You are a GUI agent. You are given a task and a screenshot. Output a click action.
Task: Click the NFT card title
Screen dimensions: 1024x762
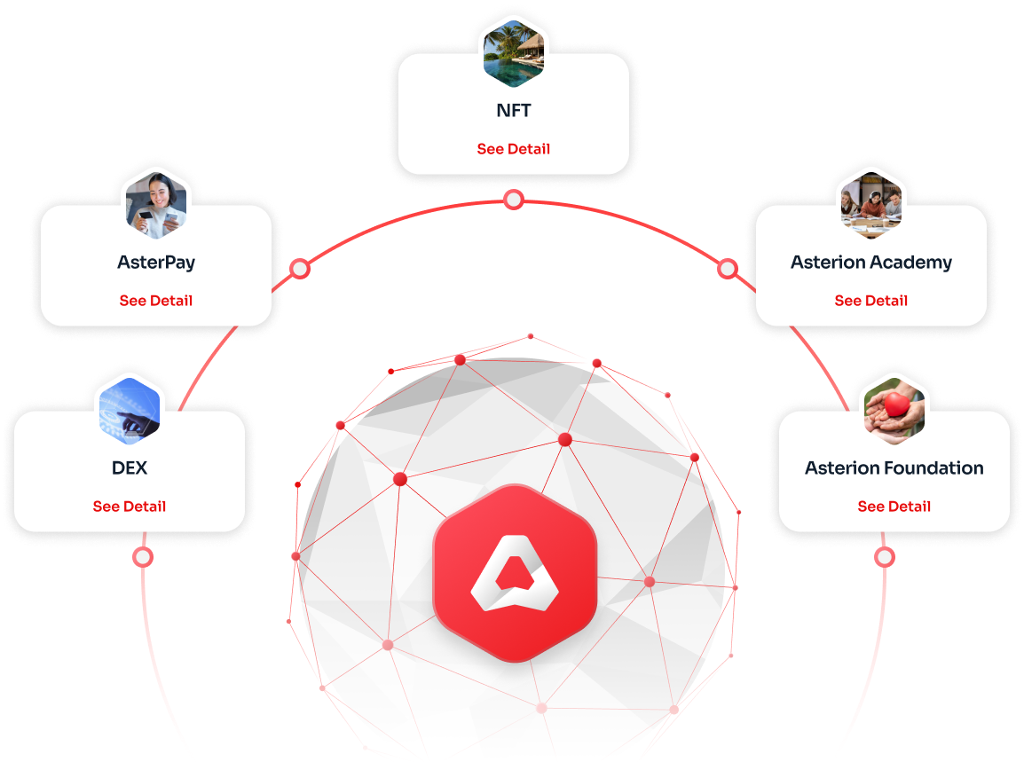click(x=513, y=110)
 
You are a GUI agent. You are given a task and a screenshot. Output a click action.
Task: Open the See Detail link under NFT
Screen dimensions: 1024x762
click(x=513, y=149)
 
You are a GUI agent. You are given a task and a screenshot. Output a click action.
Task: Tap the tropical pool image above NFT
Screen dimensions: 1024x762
click(x=513, y=53)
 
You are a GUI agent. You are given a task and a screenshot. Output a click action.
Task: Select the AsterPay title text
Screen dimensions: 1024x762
click(x=156, y=263)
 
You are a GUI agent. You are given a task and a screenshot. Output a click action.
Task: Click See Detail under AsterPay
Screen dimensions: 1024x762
click(x=156, y=301)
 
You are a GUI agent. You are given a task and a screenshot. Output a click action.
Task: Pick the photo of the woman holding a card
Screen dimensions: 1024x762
click(x=156, y=205)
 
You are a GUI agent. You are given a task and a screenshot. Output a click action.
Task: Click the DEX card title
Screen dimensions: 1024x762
click(x=130, y=468)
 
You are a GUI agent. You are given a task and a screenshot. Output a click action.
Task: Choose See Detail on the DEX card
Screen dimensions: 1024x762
click(x=130, y=506)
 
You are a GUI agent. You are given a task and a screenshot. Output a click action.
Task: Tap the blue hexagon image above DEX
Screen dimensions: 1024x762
click(x=130, y=412)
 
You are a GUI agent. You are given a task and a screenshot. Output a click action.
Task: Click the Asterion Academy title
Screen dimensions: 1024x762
click(x=871, y=263)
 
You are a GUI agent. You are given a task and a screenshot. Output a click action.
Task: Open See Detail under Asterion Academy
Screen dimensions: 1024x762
click(x=871, y=301)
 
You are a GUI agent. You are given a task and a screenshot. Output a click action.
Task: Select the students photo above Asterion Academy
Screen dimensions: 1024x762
click(x=871, y=205)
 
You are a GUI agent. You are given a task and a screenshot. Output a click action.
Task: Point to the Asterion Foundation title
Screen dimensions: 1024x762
click(x=894, y=468)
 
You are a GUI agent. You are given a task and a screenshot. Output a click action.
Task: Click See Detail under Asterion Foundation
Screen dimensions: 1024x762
click(x=894, y=506)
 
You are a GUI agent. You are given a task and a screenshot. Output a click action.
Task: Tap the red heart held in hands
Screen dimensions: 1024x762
click(x=897, y=405)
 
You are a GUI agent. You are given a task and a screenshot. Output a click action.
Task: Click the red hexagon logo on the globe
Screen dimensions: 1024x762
click(x=515, y=573)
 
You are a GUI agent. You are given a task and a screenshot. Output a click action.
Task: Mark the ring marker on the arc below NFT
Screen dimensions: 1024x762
click(x=514, y=200)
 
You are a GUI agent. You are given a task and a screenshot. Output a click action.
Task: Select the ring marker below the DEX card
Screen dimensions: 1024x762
click(x=143, y=557)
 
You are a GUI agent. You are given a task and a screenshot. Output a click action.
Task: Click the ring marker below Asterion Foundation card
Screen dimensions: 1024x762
click(x=885, y=557)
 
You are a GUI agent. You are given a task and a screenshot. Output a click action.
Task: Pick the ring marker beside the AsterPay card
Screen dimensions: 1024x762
click(x=300, y=269)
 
